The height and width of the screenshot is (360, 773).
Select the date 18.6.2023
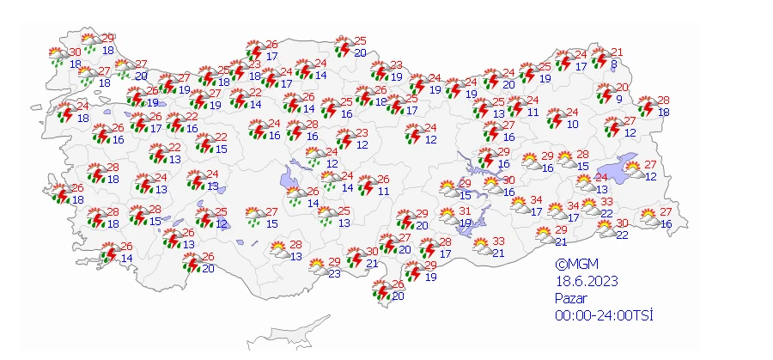tap(587, 281)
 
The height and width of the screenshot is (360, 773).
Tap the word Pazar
tap(572, 298)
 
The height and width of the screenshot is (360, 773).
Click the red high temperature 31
tap(465, 211)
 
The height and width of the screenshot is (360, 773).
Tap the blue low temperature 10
tap(573, 125)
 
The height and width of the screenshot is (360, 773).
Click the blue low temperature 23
tap(334, 273)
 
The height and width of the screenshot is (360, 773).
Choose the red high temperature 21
tap(617, 52)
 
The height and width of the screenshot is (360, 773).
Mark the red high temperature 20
tap(624, 88)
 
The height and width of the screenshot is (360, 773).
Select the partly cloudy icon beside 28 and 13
tap(278, 250)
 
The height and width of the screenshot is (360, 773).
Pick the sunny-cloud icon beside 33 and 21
tap(482, 246)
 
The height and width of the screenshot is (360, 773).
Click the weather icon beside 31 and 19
tap(447, 216)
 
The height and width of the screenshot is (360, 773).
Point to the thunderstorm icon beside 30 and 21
tap(354, 257)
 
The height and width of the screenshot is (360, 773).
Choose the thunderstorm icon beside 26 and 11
tap(366, 184)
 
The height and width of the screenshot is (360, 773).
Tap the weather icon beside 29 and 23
tap(318, 266)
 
